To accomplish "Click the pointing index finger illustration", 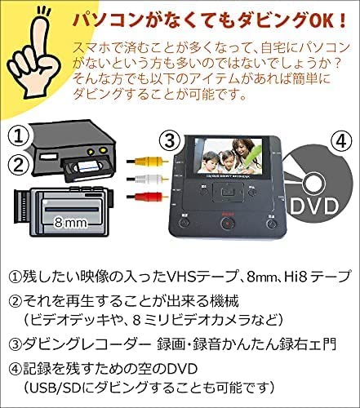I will tap(37, 49).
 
